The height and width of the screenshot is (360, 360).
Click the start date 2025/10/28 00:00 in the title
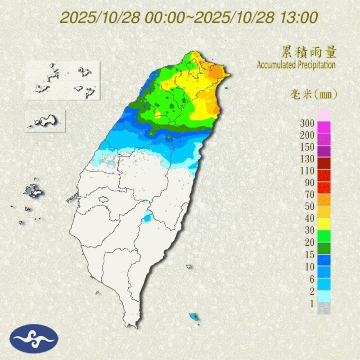click(x=122, y=18)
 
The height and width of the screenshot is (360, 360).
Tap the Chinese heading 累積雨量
click(x=309, y=52)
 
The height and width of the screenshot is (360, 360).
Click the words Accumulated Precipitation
click(x=296, y=65)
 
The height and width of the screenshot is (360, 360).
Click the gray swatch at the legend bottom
click(x=324, y=308)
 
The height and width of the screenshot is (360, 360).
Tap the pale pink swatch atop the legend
click(x=324, y=115)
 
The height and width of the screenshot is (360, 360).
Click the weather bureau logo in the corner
click(x=34, y=338)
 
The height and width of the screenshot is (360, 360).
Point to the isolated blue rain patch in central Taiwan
click(x=147, y=219)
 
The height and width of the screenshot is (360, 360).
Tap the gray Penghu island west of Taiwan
click(x=32, y=191)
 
